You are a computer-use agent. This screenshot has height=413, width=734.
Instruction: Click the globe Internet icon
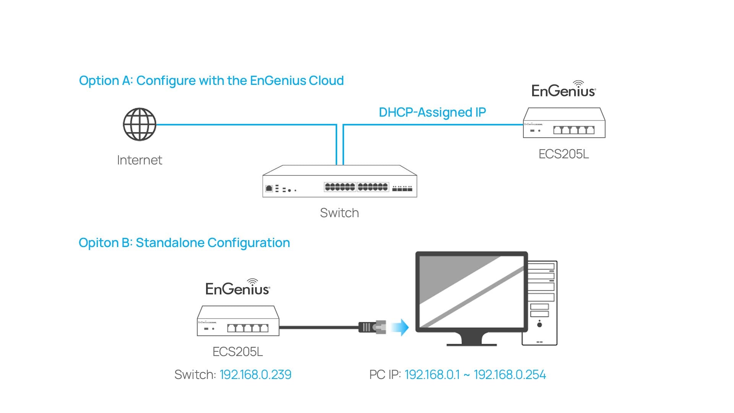[140, 124]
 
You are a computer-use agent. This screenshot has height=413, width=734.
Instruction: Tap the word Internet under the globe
[140, 160]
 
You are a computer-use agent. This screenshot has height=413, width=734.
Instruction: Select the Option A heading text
[211, 81]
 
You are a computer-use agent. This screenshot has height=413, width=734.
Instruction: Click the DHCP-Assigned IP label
[432, 112]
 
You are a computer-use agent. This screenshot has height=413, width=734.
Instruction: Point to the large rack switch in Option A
[339, 182]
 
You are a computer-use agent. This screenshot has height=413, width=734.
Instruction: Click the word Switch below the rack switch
[339, 213]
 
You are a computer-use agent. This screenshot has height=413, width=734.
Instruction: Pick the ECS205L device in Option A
[564, 123]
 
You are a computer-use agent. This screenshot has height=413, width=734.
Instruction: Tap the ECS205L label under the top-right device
[563, 154]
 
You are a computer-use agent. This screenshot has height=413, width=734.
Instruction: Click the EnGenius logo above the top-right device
[563, 89]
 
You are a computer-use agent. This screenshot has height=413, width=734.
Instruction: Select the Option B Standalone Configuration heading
[184, 243]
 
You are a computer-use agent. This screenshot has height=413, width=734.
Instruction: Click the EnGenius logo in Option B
[237, 288]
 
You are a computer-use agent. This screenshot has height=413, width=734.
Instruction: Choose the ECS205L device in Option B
[238, 321]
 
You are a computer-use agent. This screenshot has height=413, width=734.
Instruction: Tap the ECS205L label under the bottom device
[237, 352]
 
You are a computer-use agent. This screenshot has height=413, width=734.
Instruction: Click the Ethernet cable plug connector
[372, 327]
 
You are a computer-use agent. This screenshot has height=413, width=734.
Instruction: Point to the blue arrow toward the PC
[401, 327]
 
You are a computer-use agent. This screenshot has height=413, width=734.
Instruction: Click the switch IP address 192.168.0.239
[255, 375]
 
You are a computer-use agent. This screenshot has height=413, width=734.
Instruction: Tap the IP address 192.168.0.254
[510, 375]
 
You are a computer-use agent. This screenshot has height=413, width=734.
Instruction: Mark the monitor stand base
[471, 343]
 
